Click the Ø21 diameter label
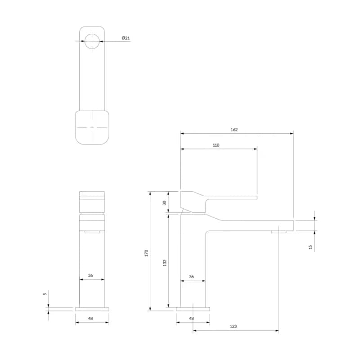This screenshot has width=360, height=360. click(126, 38)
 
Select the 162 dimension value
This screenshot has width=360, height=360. click(234, 130)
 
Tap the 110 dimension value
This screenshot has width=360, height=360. click(216, 145)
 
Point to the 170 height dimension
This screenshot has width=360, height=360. click(146, 253)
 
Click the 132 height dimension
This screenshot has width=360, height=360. click(165, 263)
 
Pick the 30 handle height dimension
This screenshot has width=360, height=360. click(164, 203)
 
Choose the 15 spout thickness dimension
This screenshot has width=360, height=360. click(310, 247)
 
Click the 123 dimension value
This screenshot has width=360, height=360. click(233, 326)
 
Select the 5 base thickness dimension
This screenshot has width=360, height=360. click(45, 294)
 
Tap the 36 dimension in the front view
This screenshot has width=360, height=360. click(90, 275)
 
